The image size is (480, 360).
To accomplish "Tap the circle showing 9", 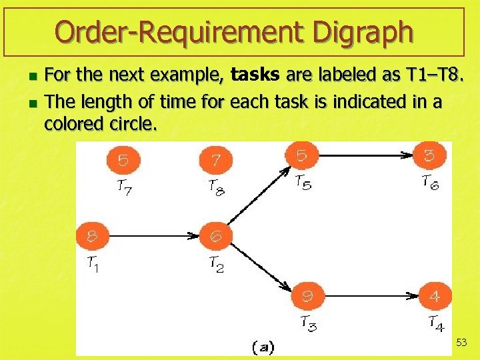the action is (307, 294).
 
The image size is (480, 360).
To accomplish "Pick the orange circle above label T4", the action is (434, 294).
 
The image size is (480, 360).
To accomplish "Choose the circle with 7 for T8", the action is (216, 160).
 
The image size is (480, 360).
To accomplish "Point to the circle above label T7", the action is (123, 160).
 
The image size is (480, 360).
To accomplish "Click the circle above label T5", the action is (301, 155).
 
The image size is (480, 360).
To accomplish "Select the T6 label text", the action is (431, 182).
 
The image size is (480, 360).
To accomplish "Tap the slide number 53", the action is (461, 343).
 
